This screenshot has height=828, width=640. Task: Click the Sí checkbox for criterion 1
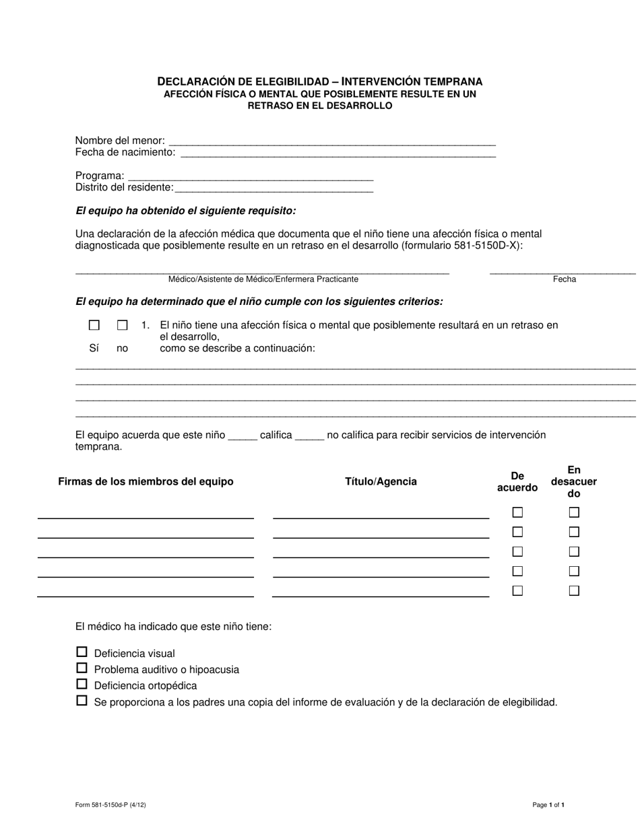coord(94,325)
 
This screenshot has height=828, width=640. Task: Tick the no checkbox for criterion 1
coord(122,325)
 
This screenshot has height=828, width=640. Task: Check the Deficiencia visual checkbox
coord(82,652)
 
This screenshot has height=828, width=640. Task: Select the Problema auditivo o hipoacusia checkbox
coord(82,668)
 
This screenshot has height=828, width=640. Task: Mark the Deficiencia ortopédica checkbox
coord(82,684)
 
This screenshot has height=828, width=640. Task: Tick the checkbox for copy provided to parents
coord(82,700)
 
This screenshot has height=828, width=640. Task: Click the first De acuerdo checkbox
coord(517,512)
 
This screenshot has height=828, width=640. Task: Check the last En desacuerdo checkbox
coord(574,591)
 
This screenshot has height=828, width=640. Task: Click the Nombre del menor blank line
coord(331,142)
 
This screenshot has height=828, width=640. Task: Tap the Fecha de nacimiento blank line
coord(338,153)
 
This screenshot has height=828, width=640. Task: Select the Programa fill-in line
coord(250,177)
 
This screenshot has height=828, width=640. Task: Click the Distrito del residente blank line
coord(274,188)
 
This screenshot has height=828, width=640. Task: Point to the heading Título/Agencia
coord(381,481)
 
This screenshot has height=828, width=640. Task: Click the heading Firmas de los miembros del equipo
coord(146,481)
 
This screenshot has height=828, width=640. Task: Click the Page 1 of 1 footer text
coord(548,804)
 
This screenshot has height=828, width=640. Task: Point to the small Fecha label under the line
coord(564,279)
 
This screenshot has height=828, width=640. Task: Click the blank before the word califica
coord(243,436)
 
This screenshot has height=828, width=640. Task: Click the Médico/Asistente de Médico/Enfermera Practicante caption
coord(263,279)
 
